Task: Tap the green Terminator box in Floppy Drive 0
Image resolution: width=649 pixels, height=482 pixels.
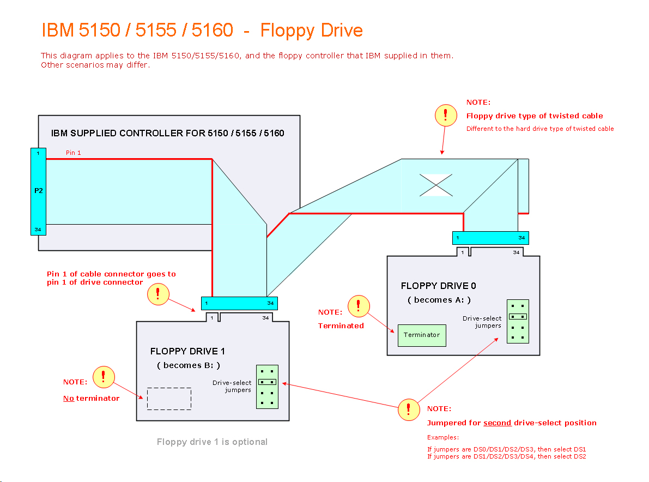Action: pyautogui.click(x=422, y=335)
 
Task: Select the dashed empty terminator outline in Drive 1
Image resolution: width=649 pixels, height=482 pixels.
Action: pyautogui.click(x=169, y=399)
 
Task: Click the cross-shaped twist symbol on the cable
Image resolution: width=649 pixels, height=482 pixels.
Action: pyautogui.click(x=435, y=185)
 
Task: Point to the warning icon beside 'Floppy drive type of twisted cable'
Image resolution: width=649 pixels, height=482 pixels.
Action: pyautogui.click(x=446, y=116)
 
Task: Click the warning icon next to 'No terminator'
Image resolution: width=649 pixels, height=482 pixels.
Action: pyautogui.click(x=104, y=377)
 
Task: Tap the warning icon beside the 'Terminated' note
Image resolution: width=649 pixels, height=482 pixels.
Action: pyautogui.click(x=359, y=306)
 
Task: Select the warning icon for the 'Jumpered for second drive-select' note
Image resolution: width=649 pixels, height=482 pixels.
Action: pyautogui.click(x=409, y=410)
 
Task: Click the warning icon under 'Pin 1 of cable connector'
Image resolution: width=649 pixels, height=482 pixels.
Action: pyautogui.click(x=158, y=294)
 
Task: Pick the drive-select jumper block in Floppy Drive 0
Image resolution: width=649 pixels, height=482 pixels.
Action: pyautogui.click(x=518, y=321)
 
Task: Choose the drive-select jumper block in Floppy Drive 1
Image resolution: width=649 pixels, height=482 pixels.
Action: pyautogui.click(x=267, y=387)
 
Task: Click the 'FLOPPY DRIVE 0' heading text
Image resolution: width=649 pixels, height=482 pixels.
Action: pyautogui.click(x=435, y=286)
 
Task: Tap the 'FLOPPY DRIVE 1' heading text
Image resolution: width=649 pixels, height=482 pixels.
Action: pyautogui.click(x=187, y=351)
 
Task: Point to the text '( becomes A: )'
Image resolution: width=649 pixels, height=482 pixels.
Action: pyautogui.click(x=439, y=300)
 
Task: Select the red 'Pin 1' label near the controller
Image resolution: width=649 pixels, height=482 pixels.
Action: pyautogui.click(x=73, y=153)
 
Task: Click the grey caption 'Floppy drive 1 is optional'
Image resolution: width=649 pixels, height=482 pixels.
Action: pyautogui.click(x=212, y=442)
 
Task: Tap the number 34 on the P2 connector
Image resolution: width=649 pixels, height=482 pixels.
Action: pyautogui.click(x=38, y=230)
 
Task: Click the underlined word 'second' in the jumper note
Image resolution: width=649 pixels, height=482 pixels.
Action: pyautogui.click(x=497, y=423)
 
